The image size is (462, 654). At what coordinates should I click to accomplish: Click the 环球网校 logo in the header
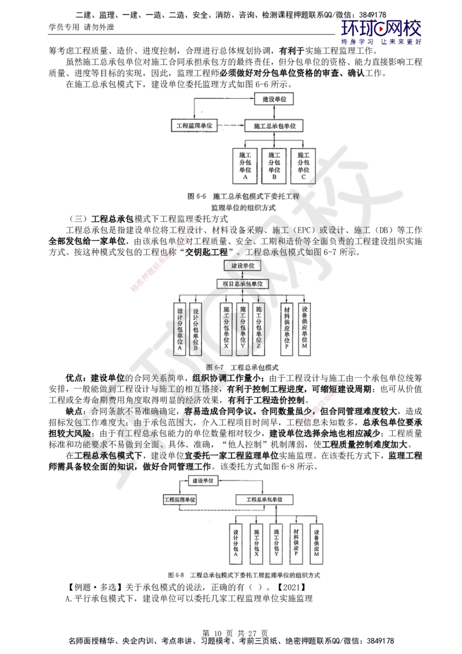point(381,32)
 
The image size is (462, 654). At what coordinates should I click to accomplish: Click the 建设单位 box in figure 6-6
point(274,99)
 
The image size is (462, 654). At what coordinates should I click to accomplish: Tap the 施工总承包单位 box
point(274,125)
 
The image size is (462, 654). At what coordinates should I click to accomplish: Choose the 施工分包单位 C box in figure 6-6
point(304,165)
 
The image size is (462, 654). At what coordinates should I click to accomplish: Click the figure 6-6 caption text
point(243,202)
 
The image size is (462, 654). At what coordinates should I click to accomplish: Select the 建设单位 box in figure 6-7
point(243,265)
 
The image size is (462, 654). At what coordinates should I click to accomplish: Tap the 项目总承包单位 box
point(243,284)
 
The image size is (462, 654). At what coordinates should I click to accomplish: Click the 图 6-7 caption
point(242,367)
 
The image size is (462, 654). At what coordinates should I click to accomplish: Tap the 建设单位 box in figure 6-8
point(203,480)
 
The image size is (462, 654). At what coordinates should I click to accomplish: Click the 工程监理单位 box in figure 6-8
point(180,499)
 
